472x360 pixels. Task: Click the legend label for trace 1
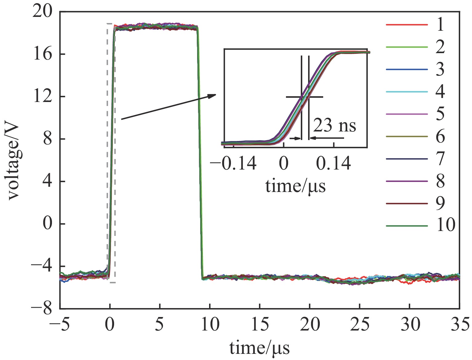click(440, 25)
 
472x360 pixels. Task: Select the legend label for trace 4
click(440, 92)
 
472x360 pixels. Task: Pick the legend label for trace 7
click(440, 158)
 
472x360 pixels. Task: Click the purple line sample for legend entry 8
click(407, 181)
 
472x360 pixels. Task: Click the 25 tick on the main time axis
click(359, 324)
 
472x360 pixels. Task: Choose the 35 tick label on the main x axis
click(460, 324)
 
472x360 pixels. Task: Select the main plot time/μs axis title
click(260, 348)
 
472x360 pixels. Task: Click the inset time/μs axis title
click(295, 186)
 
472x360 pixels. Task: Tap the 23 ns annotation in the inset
click(335, 125)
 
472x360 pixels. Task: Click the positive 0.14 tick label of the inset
click(334, 163)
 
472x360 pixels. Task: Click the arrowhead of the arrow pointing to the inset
click(212, 96)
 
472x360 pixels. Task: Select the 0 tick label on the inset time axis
click(284, 163)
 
